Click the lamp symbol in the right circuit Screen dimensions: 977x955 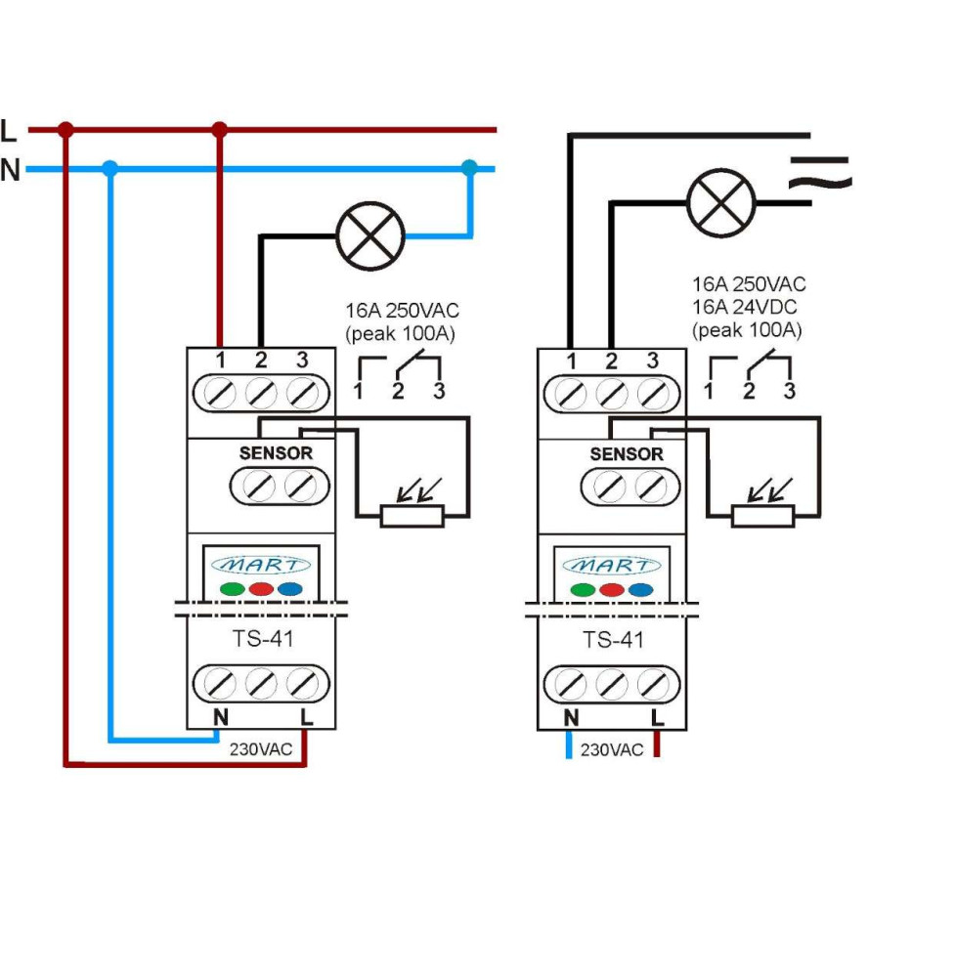[x=722, y=203]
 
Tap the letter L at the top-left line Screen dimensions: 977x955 [x=9, y=130]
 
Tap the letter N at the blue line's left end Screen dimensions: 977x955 [x=10, y=171]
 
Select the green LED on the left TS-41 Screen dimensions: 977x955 [x=232, y=589]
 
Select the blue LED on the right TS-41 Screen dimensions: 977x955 [x=639, y=590]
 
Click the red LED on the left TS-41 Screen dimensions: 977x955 [x=260, y=589]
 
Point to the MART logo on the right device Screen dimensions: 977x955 [x=612, y=565]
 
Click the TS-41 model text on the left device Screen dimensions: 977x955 [x=261, y=641]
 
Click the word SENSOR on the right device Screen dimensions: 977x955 [x=627, y=454]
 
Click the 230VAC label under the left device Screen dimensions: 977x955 [x=260, y=750]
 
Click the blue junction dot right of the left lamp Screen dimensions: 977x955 [x=470, y=168]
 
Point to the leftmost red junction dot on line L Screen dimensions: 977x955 [x=65, y=129]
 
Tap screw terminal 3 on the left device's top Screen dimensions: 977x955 [x=302, y=395]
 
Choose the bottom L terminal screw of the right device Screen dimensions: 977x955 [x=654, y=683]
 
